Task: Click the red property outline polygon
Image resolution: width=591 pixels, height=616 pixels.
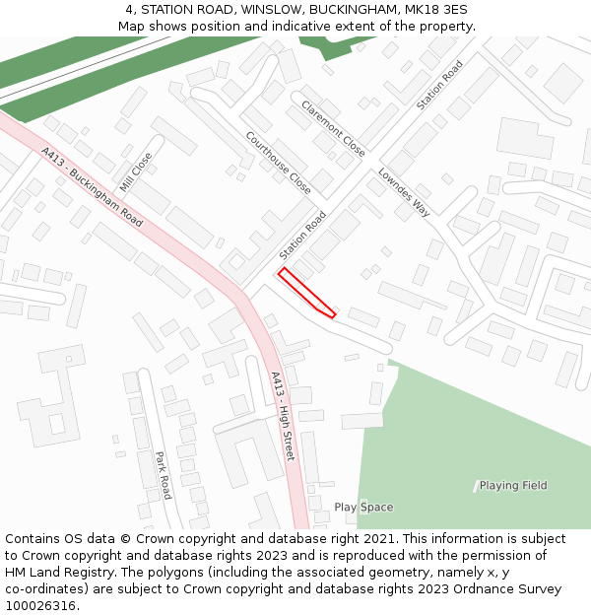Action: [x=305, y=294]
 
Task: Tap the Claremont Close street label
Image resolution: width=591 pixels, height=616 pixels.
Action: [x=333, y=128]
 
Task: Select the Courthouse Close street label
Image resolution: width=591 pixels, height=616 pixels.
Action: [x=278, y=163]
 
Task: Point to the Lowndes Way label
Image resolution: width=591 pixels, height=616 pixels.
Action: [x=404, y=192]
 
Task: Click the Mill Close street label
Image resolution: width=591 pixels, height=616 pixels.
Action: [x=136, y=171]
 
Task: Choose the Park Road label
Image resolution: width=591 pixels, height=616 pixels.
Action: [x=164, y=475]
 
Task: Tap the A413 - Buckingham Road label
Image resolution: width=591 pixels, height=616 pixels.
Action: [x=92, y=187]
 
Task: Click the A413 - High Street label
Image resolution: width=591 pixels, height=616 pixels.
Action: [x=283, y=416]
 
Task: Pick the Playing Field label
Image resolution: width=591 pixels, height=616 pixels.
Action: [x=513, y=485]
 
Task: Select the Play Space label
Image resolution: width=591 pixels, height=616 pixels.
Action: [x=363, y=508]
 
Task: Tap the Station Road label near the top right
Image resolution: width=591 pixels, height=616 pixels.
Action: [x=439, y=85]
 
